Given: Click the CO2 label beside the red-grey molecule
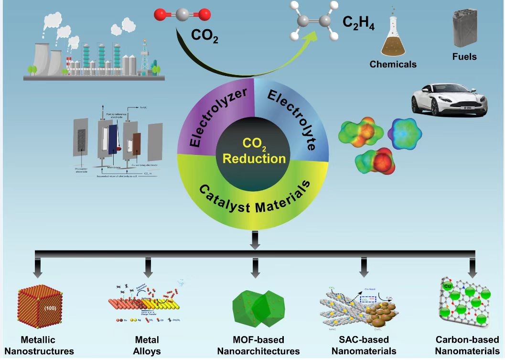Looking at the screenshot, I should pos(204,36).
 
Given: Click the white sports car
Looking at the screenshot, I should pos(449,99).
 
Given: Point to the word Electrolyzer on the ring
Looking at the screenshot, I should pos(218,117).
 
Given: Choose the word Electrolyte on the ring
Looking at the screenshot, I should pos(291,115).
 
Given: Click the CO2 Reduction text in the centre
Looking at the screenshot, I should pos(255,152).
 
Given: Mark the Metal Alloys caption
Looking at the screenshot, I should pos(147,345).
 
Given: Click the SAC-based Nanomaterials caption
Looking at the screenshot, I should pos(364,345).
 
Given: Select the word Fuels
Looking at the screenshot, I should pos(464,57).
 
